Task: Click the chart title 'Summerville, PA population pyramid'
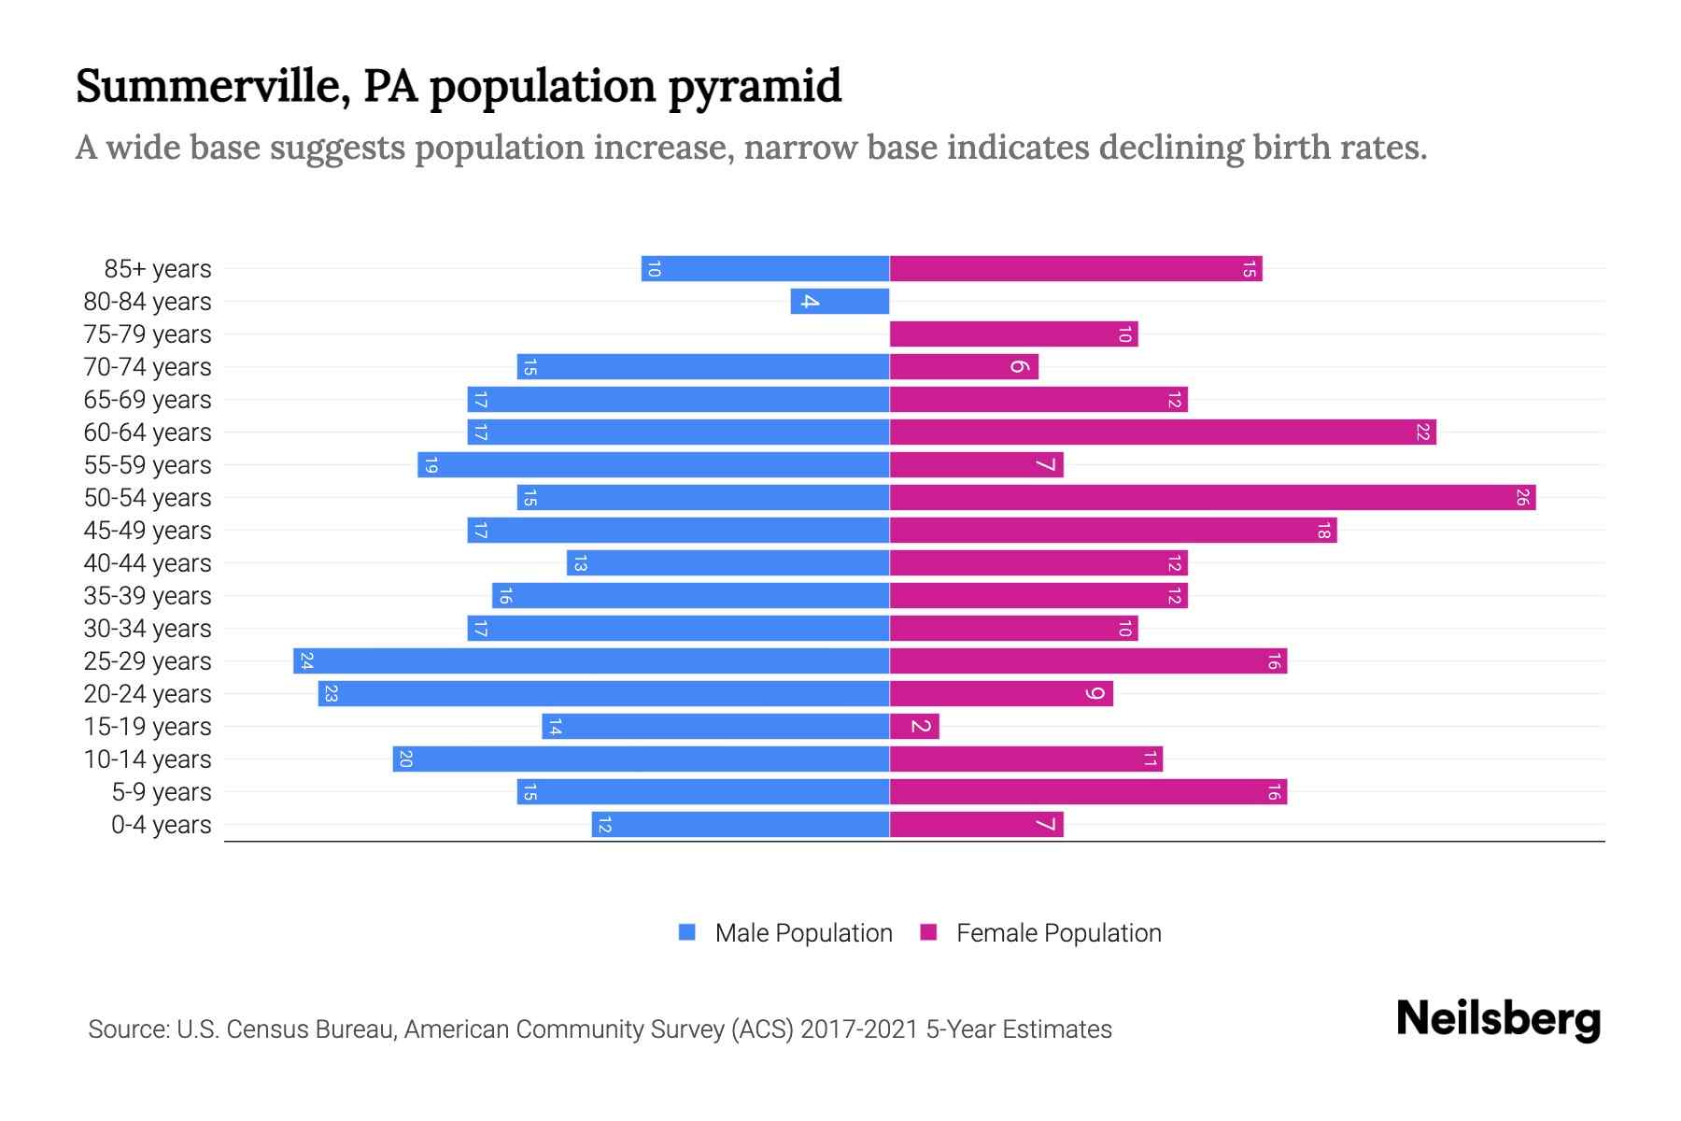[x=458, y=86]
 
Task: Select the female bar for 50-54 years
[x=1212, y=498]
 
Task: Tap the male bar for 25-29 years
[x=591, y=661]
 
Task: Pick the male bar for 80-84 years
[x=840, y=302]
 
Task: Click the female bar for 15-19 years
[x=914, y=727]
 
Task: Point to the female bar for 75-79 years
[x=1013, y=334]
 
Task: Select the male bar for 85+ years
[x=765, y=269]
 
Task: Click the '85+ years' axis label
[x=157, y=269]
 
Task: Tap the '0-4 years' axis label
[x=161, y=825]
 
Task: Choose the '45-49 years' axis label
[x=148, y=531]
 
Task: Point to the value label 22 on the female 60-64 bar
[x=1422, y=433]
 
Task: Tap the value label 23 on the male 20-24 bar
[x=331, y=694]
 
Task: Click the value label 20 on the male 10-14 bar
[x=405, y=759]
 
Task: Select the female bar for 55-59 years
[x=976, y=465]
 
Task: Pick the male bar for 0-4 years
[x=740, y=825]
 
